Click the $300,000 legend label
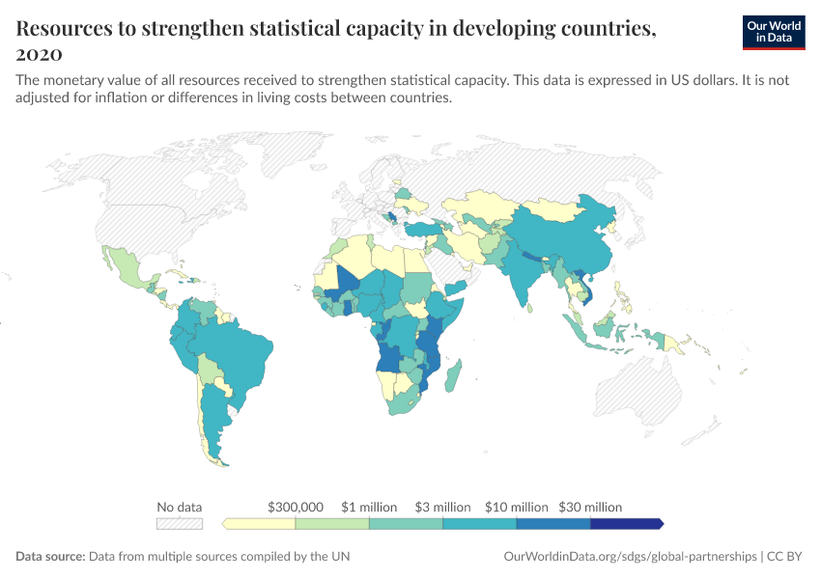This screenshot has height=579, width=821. (296, 507)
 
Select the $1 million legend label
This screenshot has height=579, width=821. (369, 507)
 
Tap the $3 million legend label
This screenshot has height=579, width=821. (442, 507)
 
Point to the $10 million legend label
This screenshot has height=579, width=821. (516, 507)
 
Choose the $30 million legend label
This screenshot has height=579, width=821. (590, 507)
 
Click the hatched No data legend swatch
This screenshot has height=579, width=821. (180, 524)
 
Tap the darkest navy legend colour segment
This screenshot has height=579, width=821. (626, 524)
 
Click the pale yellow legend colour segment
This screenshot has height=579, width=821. (260, 524)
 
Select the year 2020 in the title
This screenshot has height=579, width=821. (39, 53)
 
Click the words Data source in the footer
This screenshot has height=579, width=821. (50, 557)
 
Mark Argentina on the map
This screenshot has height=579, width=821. (214, 425)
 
